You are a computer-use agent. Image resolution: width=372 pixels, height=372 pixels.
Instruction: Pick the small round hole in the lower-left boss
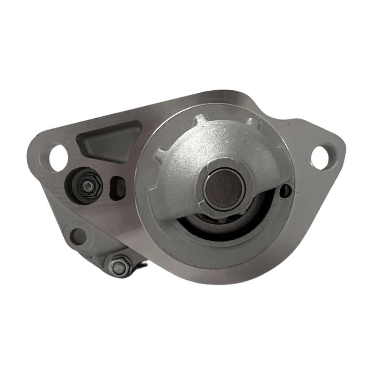(x=78, y=237)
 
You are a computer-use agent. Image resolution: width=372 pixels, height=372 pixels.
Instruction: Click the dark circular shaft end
(x=224, y=186)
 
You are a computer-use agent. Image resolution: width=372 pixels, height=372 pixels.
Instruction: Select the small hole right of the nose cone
(x=286, y=190)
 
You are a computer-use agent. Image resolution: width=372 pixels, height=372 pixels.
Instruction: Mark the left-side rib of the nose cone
(x=159, y=155)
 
